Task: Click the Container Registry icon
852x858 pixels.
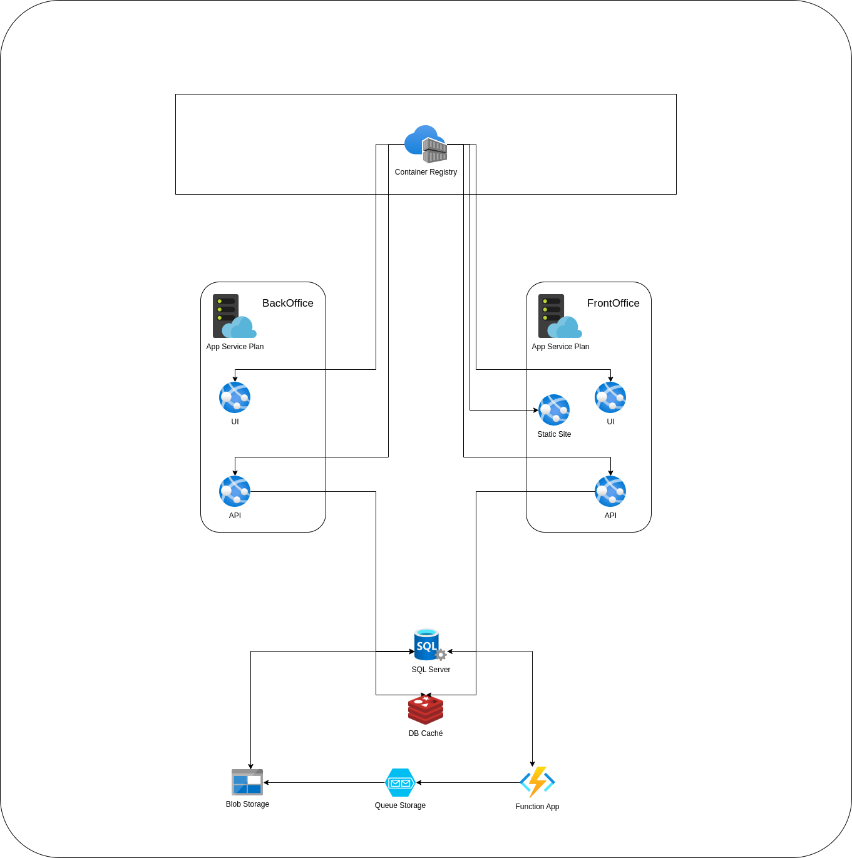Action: (x=426, y=144)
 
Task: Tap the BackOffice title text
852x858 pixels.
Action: (x=287, y=303)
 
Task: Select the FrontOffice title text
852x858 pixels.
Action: (x=613, y=303)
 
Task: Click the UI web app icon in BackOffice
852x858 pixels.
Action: (x=235, y=397)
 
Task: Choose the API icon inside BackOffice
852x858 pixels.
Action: (x=235, y=491)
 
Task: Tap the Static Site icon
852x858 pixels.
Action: (x=554, y=410)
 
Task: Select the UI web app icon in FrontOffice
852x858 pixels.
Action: (x=610, y=397)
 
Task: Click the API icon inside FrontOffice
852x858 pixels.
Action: (x=610, y=491)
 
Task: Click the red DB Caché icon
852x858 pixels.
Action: (x=426, y=710)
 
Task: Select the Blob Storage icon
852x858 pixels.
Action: (x=247, y=782)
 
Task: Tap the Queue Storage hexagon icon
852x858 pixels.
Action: (x=400, y=782)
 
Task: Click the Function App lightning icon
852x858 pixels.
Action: (x=537, y=782)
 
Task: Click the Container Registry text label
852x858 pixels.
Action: (x=426, y=172)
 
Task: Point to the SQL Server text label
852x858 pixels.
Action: (x=431, y=670)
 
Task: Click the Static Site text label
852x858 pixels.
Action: (x=554, y=434)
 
